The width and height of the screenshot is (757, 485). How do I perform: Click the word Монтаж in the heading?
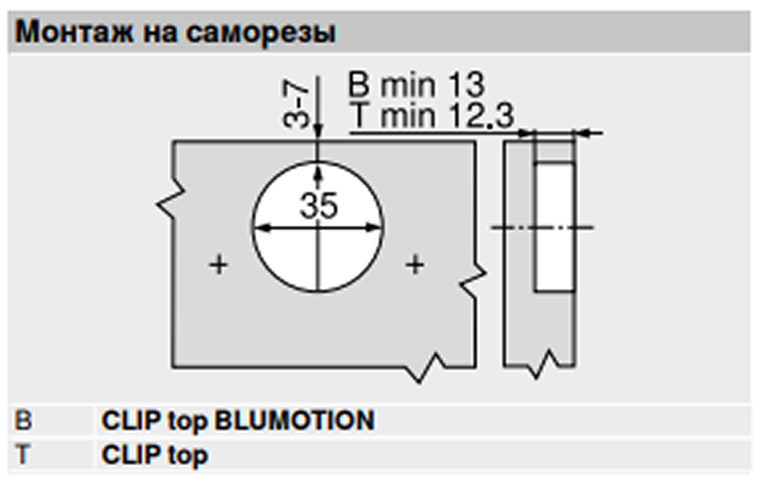[x=74, y=32]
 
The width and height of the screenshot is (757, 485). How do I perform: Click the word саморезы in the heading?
[x=260, y=33]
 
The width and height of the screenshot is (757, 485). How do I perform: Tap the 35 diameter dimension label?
[x=318, y=206]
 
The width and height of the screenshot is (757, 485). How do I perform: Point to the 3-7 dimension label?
[x=296, y=104]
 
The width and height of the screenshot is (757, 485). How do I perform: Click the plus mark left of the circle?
[x=219, y=265]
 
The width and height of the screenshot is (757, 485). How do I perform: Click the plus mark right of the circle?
[x=415, y=265]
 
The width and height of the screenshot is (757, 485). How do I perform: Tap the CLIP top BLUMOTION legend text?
[x=238, y=421]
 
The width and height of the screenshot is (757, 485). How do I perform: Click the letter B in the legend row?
[x=23, y=421]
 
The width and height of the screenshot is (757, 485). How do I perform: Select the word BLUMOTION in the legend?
[x=295, y=421]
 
